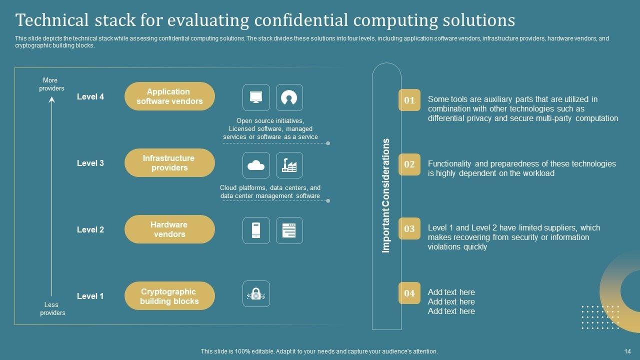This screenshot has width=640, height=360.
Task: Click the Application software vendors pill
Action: click(x=169, y=96)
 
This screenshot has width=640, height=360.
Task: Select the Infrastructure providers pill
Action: click(x=169, y=163)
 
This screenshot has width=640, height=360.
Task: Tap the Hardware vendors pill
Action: click(x=169, y=229)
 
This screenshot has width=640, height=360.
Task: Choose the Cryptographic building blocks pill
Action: click(x=169, y=296)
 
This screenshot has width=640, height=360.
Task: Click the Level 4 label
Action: click(x=90, y=96)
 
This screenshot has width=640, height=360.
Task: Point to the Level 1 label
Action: click(x=90, y=296)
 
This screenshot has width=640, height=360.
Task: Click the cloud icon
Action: click(x=256, y=165)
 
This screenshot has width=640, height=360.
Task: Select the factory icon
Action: click(x=289, y=165)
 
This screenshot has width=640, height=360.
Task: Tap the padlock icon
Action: click(x=256, y=294)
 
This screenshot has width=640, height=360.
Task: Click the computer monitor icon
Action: click(x=256, y=97)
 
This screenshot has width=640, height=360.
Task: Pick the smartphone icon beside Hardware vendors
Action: click(x=256, y=230)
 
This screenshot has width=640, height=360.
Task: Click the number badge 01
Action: click(x=409, y=100)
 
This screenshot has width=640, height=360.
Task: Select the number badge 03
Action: click(x=409, y=228)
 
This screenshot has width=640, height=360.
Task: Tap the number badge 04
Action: click(x=409, y=293)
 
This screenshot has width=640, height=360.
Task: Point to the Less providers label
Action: click(x=52, y=308)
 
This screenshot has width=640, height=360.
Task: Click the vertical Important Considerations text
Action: click(x=386, y=195)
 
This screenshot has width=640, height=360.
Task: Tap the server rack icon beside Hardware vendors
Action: click(x=289, y=230)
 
